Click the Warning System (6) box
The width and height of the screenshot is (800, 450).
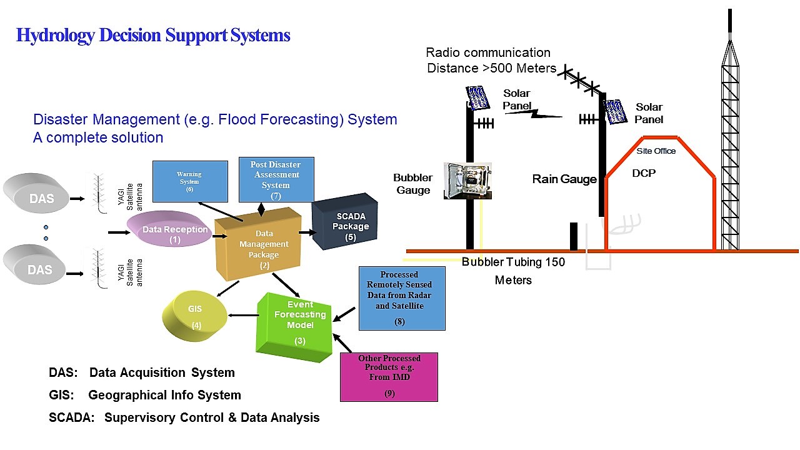point(189,181)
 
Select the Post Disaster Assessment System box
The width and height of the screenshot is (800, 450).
point(276,179)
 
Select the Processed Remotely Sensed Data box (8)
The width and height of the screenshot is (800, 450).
point(402,298)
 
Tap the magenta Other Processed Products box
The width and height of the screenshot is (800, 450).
point(389,376)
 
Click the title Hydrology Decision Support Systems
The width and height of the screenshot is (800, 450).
point(153,36)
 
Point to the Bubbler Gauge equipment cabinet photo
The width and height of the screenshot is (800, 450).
point(467,181)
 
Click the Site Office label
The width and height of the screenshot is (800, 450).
point(656,151)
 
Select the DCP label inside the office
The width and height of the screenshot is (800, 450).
point(644,173)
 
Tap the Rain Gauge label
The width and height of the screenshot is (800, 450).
point(564,179)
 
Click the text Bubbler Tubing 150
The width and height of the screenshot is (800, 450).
point(513,262)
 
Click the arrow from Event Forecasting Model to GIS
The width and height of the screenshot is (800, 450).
point(244,314)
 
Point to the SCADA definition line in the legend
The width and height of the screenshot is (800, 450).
point(184,417)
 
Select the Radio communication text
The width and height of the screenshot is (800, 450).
point(488,52)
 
